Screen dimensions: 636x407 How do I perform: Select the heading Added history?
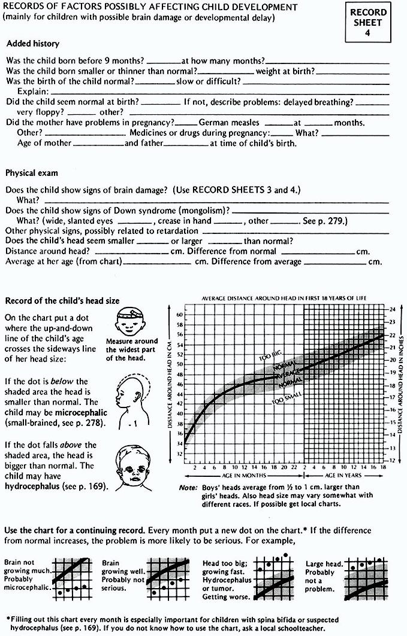[x=32, y=44]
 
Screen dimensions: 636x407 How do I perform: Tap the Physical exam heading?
[x=32, y=173]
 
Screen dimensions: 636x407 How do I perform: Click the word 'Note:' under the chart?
[x=189, y=488]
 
